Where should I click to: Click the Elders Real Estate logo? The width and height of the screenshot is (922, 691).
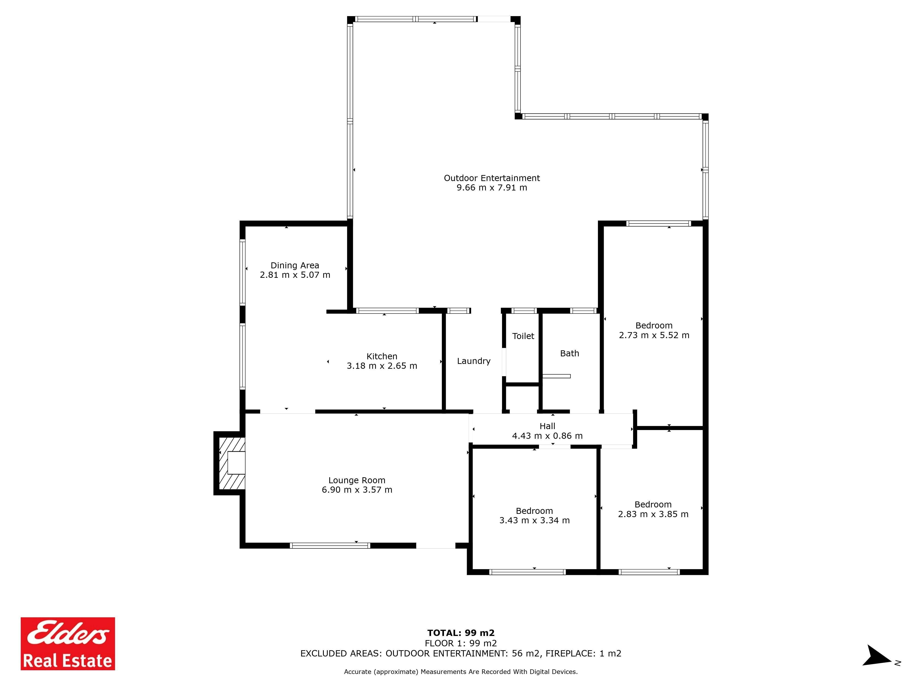68,644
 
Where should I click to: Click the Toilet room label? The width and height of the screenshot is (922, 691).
523,336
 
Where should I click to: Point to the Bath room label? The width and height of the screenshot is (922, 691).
569,353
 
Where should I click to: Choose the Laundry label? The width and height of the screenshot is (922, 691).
473,361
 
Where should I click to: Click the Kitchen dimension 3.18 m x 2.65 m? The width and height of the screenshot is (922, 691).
382,366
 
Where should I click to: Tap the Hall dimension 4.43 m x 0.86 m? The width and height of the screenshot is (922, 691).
547,436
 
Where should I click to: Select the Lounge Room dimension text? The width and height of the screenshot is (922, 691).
357,490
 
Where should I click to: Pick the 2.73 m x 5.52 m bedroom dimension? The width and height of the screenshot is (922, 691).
654,335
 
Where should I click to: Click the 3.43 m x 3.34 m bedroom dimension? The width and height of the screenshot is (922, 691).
534,520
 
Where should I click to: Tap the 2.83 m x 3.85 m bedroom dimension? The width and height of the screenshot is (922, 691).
653,514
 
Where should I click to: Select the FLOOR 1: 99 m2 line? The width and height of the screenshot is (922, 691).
461,643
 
